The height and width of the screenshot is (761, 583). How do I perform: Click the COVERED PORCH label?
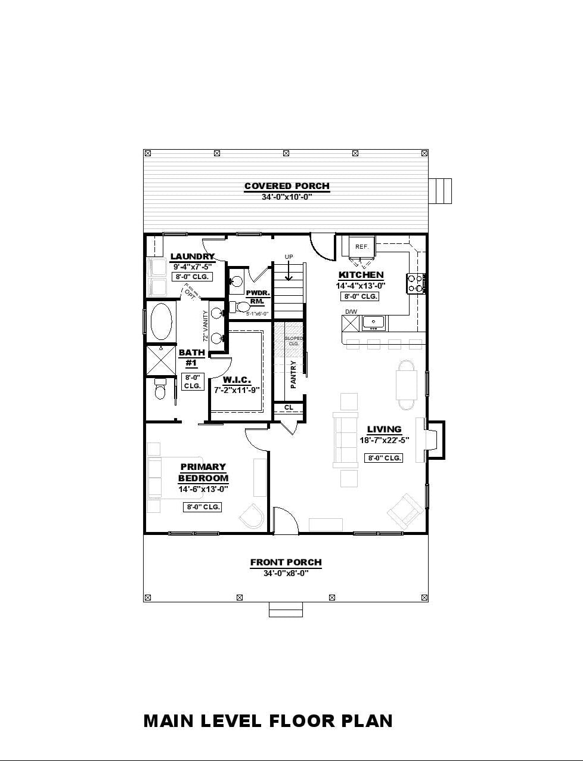click(287, 186)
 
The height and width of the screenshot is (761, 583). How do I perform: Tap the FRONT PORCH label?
click(286, 562)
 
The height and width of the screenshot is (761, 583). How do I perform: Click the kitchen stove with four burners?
click(415, 283)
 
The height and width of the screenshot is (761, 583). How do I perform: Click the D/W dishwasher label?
click(351, 311)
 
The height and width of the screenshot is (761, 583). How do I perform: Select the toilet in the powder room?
click(241, 307)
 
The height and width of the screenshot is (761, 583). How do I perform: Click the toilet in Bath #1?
click(159, 389)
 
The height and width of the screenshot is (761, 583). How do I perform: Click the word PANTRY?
click(293, 375)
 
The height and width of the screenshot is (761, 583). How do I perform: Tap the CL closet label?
click(289, 407)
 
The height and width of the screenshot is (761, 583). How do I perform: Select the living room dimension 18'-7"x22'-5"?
click(384, 440)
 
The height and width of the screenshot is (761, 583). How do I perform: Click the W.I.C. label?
click(237, 380)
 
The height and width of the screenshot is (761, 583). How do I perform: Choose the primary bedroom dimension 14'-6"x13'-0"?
click(203, 489)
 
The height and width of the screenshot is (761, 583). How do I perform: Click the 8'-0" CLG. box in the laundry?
click(192, 277)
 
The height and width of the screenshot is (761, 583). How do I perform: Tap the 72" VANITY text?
click(206, 325)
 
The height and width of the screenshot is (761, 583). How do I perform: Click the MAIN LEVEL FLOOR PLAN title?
click(268, 720)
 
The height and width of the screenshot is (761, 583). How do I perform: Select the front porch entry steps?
click(286, 610)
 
